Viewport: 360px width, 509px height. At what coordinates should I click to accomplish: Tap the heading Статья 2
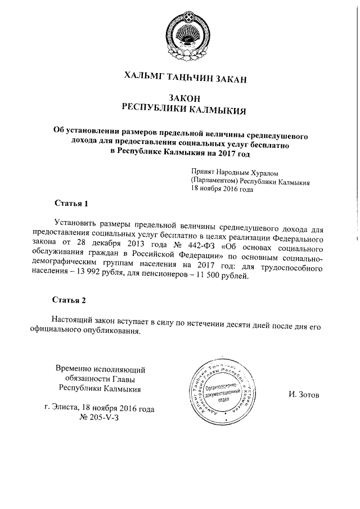70,299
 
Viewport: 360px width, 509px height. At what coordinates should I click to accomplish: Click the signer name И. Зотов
303,395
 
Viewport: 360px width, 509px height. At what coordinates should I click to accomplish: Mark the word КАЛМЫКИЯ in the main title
218,109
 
